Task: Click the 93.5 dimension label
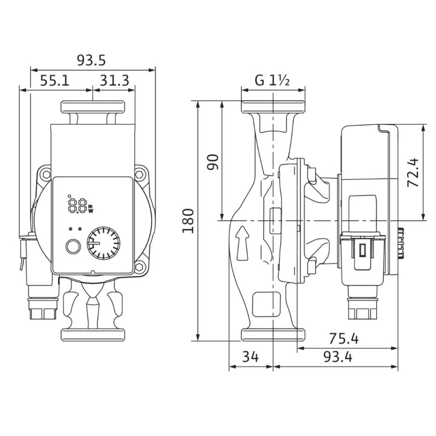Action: (92, 60)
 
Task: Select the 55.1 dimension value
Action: (55, 81)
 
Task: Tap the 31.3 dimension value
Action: (114, 81)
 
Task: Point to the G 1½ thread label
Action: (272, 81)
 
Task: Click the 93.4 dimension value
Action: (338, 358)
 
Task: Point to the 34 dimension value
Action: (250, 358)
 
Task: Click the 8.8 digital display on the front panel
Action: (77, 204)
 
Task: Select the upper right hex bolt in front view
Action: (140, 175)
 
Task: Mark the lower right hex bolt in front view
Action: (140, 266)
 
